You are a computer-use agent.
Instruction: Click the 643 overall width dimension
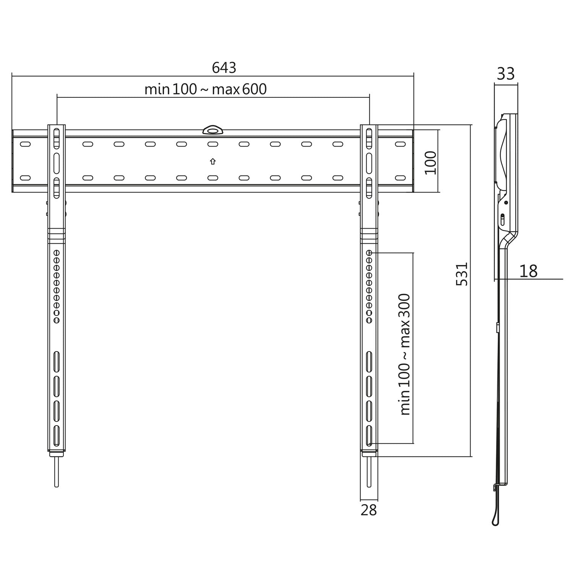(x=224, y=68)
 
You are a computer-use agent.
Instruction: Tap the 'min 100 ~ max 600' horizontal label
(x=205, y=89)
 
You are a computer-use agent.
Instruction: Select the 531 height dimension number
(x=462, y=274)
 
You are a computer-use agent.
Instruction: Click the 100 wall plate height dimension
(x=431, y=162)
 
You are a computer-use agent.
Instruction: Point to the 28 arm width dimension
(x=369, y=510)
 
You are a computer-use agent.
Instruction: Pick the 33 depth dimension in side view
(x=506, y=74)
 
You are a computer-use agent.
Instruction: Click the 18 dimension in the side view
(x=528, y=271)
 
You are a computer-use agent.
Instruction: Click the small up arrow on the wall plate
(x=213, y=162)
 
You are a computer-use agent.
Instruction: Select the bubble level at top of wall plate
(x=212, y=131)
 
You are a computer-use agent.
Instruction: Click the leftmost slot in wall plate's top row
(x=25, y=144)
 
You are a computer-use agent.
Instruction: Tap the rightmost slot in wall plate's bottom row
(x=400, y=178)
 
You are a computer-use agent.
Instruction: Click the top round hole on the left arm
(x=57, y=253)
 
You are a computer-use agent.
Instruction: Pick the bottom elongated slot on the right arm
(x=369, y=435)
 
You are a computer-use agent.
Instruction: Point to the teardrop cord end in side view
(x=495, y=521)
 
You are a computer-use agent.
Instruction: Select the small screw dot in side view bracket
(x=506, y=203)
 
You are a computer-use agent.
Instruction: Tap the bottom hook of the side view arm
(x=495, y=488)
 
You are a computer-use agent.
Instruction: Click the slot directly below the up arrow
(x=213, y=178)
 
